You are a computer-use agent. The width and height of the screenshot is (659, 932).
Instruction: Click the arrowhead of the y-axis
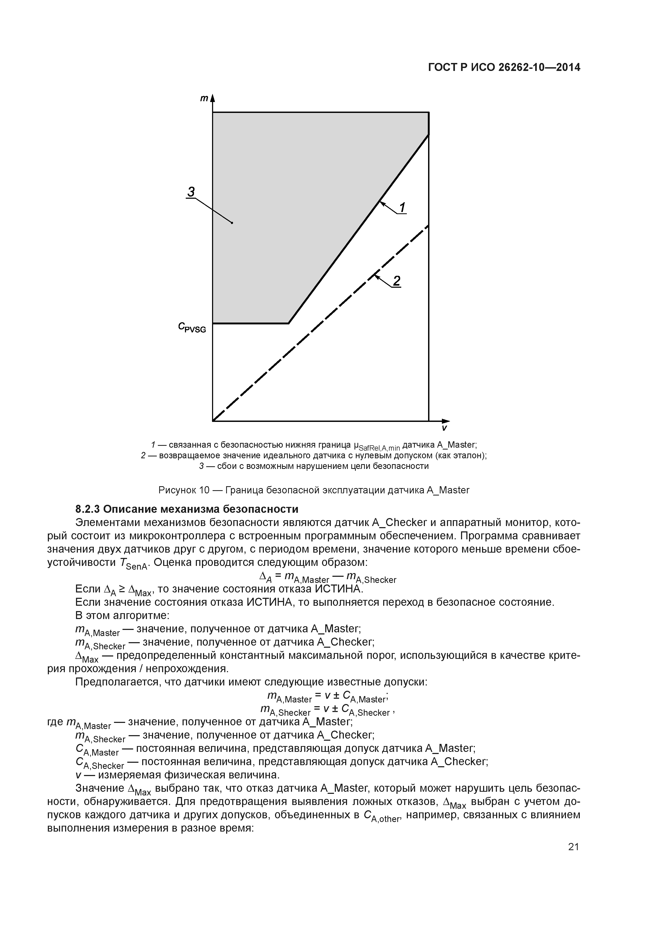[212, 98]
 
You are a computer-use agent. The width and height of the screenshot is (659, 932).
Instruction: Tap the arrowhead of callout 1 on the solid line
[381, 202]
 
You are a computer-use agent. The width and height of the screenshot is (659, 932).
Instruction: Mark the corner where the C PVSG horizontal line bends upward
[288, 324]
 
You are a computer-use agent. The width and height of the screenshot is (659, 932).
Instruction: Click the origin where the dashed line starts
[213, 421]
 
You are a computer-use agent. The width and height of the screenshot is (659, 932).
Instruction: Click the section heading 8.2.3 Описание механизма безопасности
[187, 509]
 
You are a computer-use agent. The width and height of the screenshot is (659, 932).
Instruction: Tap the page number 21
[573, 847]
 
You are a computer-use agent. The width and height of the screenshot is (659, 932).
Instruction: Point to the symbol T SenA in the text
[134, 564]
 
